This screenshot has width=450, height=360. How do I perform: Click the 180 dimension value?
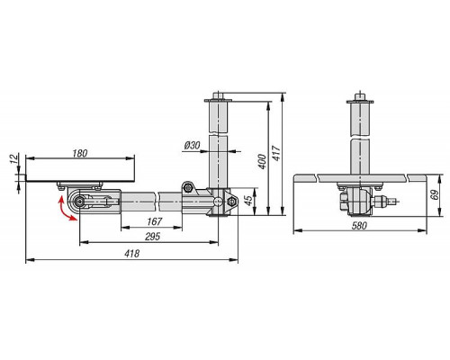click(80, 153)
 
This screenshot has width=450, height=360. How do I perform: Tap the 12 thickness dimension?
click(14, 158)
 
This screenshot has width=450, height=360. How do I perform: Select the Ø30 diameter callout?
click(192, 146)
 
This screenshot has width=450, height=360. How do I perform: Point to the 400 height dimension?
click(262, 161)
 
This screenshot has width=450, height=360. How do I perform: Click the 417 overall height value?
click(276, 153)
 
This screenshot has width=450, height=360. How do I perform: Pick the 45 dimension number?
click(248, 201)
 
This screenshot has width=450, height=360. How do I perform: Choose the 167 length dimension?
click(155, 221)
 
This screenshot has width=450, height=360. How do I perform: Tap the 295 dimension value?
click(152, 237)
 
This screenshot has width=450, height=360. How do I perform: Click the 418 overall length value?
click(132, 254)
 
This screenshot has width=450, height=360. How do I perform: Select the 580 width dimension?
click(359, 225)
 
